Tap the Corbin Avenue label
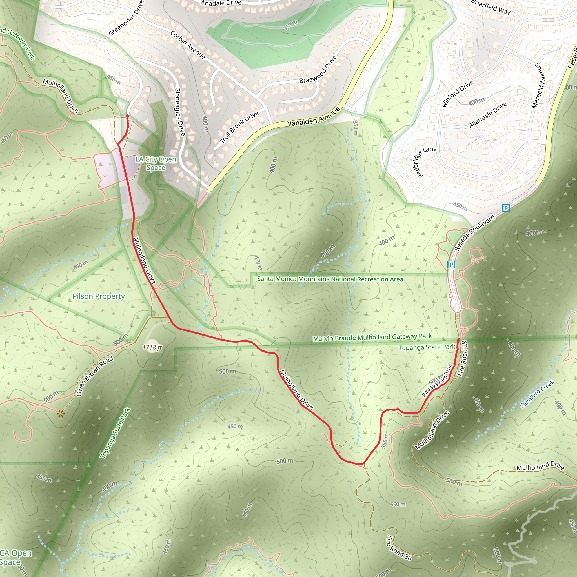(x=188, y=45)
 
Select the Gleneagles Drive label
(x=180, y=111)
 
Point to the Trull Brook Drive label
(x=239, y=127)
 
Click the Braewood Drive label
(x=318, y=69)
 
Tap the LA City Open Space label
(x=156, y=163)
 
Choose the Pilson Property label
(x=99, y=296)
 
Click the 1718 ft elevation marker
(x=152, y=347)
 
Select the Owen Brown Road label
(x=95, y=376)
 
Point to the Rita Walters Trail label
(x=437, y=380)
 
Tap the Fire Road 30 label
(x=399, y=548)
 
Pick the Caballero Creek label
(x=537, y=394)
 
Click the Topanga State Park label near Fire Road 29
(x=427, y=347)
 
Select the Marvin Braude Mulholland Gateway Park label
(x=372, y=337)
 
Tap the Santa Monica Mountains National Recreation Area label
(x=330, y=279)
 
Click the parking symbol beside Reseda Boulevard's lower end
(x=451, y=264)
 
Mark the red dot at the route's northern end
(x=127, y=116)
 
